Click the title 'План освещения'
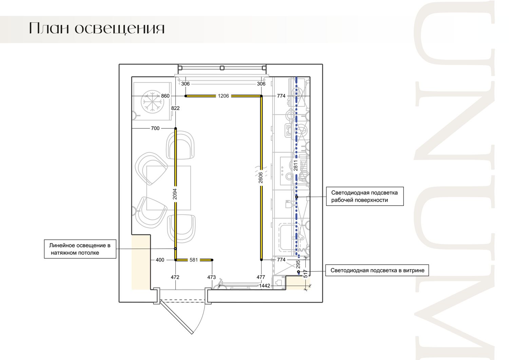(97, 29)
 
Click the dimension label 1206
(223, 96)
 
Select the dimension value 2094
(175, 194)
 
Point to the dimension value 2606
(261, 178)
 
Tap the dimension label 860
(165, 96)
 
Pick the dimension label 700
(155, 128)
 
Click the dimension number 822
(175, 108)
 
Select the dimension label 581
(194, 260)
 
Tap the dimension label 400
(160, 260)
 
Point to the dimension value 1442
(264, 286)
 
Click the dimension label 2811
(296, 165)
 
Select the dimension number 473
(211, 277)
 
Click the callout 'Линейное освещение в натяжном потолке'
(80, 249)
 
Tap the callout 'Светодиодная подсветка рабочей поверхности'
(365, 196)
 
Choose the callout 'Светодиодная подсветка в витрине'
(377, 270)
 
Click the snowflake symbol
(152, 102)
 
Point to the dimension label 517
(305, 274)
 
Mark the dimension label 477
(261, 277)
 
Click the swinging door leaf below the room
(176, 317)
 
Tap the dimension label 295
(298, 264)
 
